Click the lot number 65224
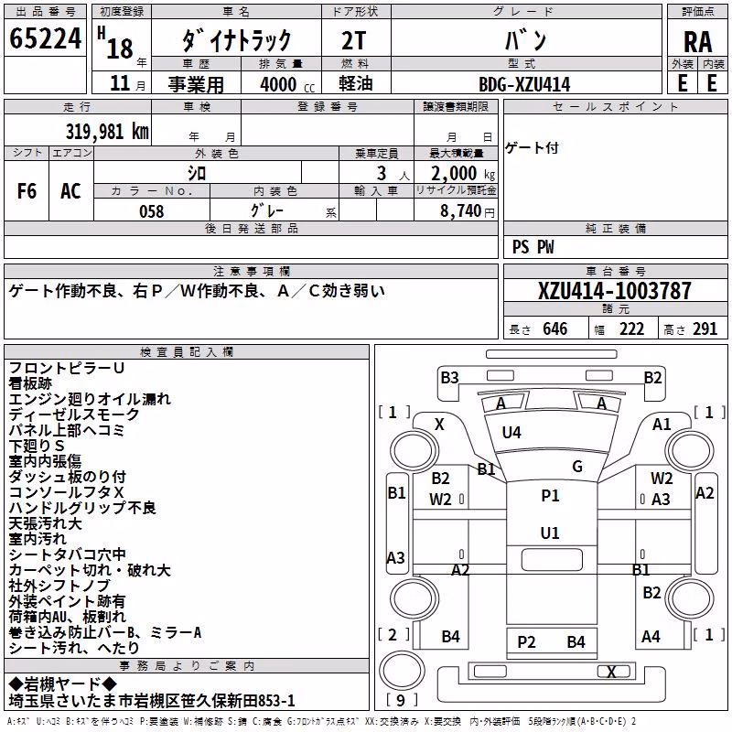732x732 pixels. (x=45, y=38)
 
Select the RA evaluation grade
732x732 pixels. (x=697, y=42)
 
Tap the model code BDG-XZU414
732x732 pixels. (x=524, y=84)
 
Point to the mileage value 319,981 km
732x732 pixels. (x=107, y=131)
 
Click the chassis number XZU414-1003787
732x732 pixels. (x=614, y=290)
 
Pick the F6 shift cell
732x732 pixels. (x=27, y=191)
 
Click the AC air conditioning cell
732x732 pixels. (x=70, y=191)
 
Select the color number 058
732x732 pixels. (x=152, y=211)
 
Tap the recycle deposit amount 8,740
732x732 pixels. (x=460, y=210)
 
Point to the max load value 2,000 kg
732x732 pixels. (x=463, y=173)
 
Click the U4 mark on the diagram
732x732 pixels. (x=511, y=432)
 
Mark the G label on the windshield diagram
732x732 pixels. (x=577, y=466)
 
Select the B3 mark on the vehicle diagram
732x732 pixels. (x=449, y=378)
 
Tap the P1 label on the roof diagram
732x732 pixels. (x=550, y=495)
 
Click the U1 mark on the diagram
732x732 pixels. (x=550, y=533)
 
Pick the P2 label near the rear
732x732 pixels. (x=526, y=642)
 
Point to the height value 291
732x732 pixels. (x=705, y=328)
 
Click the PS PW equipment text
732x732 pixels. (x=533, y=247)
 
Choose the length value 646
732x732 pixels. (x=555, y=328)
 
